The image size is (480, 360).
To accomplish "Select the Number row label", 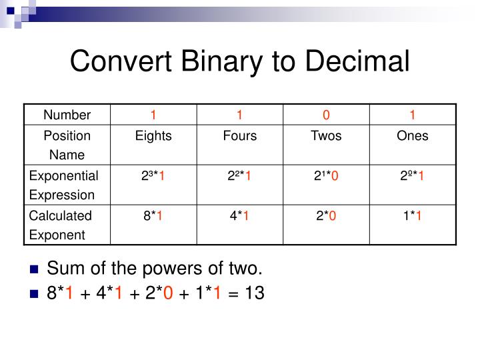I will [x=67, y=115].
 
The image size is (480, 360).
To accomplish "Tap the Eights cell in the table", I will [x=153, y=136].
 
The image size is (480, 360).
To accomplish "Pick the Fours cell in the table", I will [x=240, y=136].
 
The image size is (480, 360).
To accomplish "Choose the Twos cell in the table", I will [x=326, y=136].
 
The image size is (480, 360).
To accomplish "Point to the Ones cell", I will [x=413, y=136].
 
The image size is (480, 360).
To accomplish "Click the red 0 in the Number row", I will [x=326, y=115].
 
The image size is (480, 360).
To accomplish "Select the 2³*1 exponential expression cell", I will [x=153, y=176].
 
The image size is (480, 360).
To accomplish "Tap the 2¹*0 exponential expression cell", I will [x=326, y=176].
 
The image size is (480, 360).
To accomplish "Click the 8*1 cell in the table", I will [x=153, y=216].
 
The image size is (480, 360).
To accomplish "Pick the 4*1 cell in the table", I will [x=240, y=216].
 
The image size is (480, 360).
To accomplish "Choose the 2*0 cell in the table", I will [x=326, y=216].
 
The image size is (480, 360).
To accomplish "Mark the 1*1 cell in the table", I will [x=413, y=216].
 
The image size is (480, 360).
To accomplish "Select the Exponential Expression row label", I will [x=63, y=185].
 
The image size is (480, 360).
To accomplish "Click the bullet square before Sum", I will [x=35, y=270].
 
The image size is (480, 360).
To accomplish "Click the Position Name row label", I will [x=67, y=145].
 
